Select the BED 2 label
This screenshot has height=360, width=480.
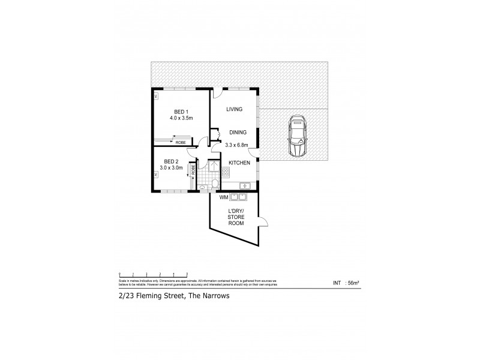click(172, 161)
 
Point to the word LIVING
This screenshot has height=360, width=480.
click(234, 109)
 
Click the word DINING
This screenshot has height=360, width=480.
click(238, 133)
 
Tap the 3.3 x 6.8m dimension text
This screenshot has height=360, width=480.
click(238, 145)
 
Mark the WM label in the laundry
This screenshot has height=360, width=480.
click(223, 197)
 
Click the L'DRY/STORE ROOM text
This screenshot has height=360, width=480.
click(235, 217)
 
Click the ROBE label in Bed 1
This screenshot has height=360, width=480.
click(180, 142)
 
